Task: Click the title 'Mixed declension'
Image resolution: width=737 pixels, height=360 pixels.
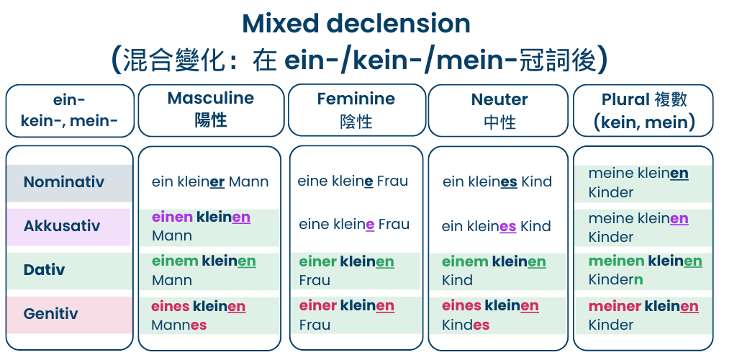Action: [356, 24]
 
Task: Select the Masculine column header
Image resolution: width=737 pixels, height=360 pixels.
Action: [210, 109]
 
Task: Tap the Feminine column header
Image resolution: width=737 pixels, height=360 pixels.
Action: [356, 109]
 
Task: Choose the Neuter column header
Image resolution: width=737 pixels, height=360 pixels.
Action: [499, 110]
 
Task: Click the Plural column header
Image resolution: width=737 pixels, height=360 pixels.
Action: [643, 110]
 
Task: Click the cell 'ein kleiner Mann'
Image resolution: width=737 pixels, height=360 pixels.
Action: [209, 182]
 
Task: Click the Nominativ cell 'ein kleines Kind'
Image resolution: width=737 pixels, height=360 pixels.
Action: [497, 182]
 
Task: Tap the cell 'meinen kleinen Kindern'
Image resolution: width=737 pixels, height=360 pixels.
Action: [644, 270]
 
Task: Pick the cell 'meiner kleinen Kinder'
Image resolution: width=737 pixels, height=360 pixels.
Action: [643, 315]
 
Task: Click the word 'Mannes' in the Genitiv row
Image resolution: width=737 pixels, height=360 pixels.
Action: [178, 325]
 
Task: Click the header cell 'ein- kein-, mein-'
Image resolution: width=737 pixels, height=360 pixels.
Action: [69, 110]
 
